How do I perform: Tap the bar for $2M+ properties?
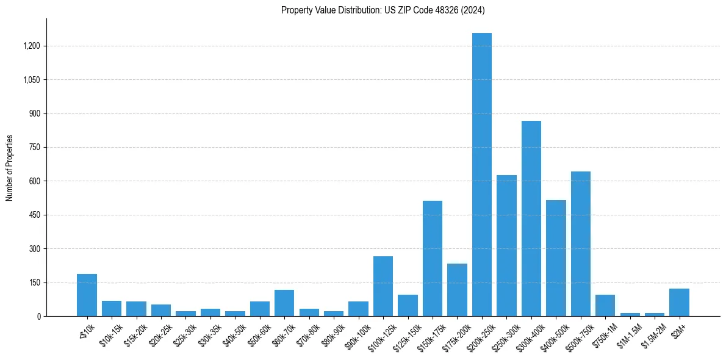[x=679, y=302]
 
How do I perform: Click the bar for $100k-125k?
[x=383, y=286]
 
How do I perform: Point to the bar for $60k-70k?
[x=284, y=303]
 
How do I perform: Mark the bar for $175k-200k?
[x=457, y=290]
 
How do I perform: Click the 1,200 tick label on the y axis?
[x=31, y=46]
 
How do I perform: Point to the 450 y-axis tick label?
[x=34, y=215]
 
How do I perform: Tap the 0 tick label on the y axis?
[x=38, y=317]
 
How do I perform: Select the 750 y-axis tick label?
[x=34, y=148]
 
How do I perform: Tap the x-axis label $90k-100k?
[x=356, y=335]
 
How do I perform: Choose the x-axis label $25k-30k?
[x=185, y=334]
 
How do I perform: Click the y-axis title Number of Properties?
[x=9, y=168]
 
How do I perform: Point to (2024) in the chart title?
[x=473, y=10]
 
